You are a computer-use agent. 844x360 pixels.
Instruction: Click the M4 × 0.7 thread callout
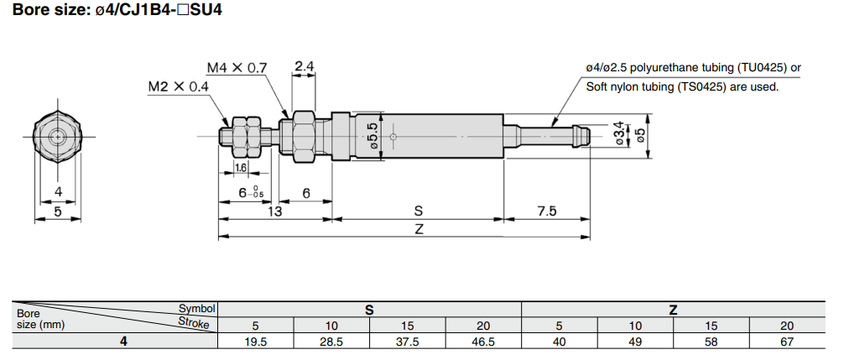pyautogui.click(x=237, y=67)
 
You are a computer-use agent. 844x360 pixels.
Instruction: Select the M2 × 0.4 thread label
pyautogui.click(x=179, y=86)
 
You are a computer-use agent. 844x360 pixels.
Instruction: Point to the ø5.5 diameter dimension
pyautogui.click(x=373, y=137)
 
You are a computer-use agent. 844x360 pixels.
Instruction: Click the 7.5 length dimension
pyautogui.click(x=546, y=211)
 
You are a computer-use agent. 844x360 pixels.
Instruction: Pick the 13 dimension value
pyautogui.click(x=275, y=211)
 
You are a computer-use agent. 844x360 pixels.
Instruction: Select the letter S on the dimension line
pyautogui.click(x=418, y=211)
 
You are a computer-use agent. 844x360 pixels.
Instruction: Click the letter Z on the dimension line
pyautogui.click(x=418, y=229)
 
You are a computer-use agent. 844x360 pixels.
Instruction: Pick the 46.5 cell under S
pyautogui.click(x=483, y=342)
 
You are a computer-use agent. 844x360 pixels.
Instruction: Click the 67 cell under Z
pyautogui.click(x=786, y=342)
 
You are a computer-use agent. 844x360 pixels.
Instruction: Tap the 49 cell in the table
pyautogui.click(x=634, y=342)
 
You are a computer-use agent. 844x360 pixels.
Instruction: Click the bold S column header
pyautogui.click(x=369, y=310)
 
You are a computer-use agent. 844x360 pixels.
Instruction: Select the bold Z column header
pyautogui.click(x=673, y=310)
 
